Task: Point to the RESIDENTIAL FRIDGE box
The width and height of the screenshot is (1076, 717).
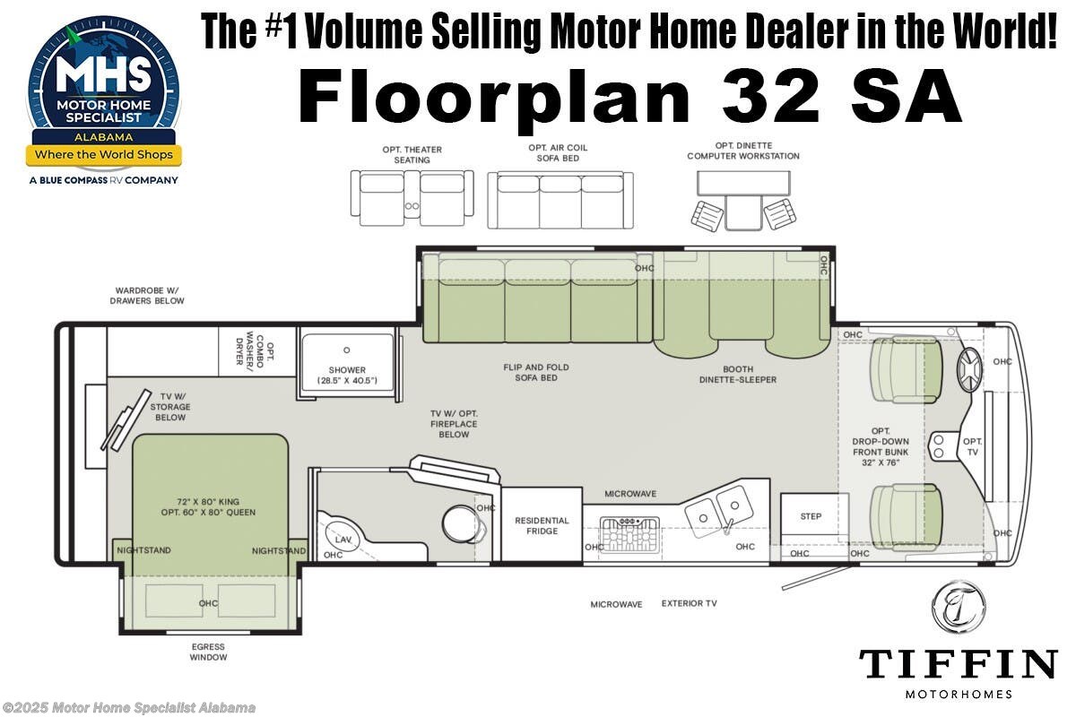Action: pyautogui.click(x=542, y=526)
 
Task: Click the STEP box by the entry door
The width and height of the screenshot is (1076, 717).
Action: pyautogui.click(x=811, y=516)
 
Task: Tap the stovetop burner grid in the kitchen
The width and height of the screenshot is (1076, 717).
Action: pyautogui.click(x=629, y=534)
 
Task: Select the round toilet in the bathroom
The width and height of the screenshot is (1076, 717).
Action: pyautogui.click(x=458, y=521)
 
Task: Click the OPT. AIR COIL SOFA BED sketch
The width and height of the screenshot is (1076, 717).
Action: pyautogui.click(x=559, y=198)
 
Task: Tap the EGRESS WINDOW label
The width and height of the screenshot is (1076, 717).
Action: pyautogui.click(x=208, y=652)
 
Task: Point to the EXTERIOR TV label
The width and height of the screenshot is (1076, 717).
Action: pyautogui.click(x=690, y=604)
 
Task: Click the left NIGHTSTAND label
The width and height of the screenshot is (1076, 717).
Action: pyautogui.click(x=143, y=550)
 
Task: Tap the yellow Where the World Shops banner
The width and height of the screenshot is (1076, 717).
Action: pyautogui.click(x=103, y=154)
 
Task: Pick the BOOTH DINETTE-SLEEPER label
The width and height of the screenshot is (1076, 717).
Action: pyautogui.click(x=737, y=375)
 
